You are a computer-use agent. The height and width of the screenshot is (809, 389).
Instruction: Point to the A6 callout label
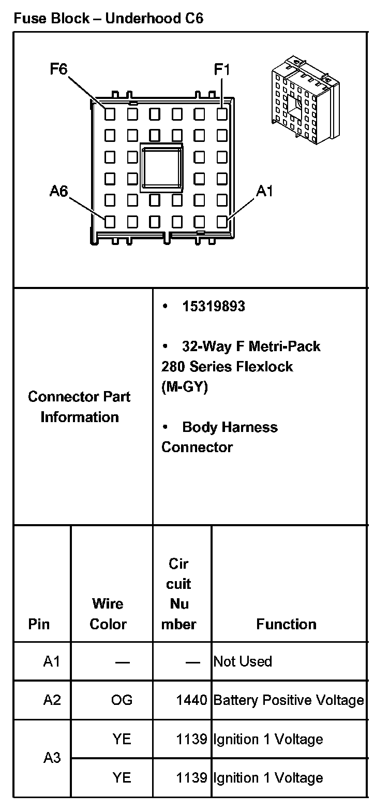(x=59, y=192)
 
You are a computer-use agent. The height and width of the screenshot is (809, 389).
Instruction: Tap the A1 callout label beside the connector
(x=264, y=192)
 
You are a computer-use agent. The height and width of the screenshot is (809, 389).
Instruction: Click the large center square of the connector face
(x=162, y=167)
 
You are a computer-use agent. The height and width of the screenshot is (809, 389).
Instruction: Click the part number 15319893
(x=213, y=306)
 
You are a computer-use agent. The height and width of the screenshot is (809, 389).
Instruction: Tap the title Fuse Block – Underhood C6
(x=108, y=19)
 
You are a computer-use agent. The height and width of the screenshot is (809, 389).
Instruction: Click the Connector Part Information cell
(x=80, y=407)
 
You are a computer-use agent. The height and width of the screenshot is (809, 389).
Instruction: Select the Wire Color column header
(x=108, y=614)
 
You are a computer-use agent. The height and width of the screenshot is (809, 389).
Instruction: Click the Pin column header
(x=39, y=624)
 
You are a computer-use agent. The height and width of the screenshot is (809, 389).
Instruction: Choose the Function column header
(x=287, y=624)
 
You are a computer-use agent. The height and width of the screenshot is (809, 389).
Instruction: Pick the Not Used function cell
(x=243, y=661)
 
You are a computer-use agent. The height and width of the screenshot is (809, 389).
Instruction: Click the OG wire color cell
(x=122, y=700)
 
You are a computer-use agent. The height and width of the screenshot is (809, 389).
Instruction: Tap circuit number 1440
(x=191, y=700)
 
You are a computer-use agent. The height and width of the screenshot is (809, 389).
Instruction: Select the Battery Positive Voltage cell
(x=289, y=700)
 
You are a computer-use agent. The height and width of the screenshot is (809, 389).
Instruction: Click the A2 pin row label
(x=52, y=700)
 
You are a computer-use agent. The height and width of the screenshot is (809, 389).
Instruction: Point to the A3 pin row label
(x=52, y=758)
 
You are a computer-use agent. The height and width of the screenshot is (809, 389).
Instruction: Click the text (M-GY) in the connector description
(x=185, y=387)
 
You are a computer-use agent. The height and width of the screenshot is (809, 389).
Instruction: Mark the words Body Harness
(x=230, y=427)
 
